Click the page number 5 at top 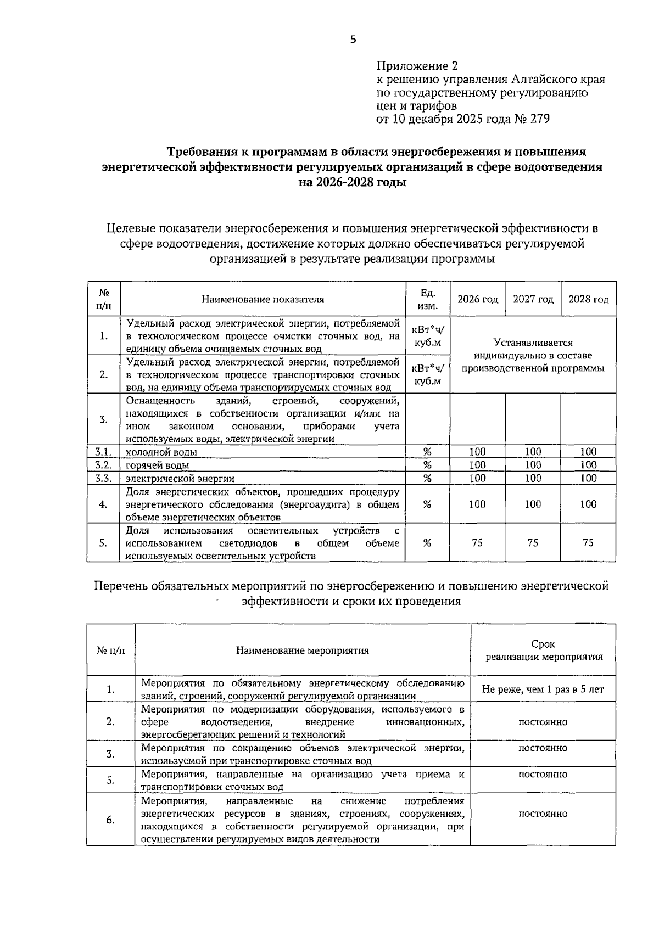click(353, 39)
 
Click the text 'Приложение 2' click(417, 66)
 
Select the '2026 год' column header click(478, 299)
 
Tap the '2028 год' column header click(588, 299)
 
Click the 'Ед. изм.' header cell click(428, 299)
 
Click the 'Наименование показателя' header click(263, 299)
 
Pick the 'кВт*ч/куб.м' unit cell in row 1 click(428, 335)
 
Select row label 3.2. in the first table click(103, 465)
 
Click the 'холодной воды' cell click(162, 452)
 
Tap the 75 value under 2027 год click(533, 542)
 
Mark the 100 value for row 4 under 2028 click(588, 504)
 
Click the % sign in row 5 click(427, 542)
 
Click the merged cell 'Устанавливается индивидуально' click(533, 355)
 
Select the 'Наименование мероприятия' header click(303, 650)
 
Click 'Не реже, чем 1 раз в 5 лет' click(543, 689)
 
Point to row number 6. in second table click(110, 820)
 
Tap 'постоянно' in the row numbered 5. click(543, 775)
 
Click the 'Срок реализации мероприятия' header click(543, 650)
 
